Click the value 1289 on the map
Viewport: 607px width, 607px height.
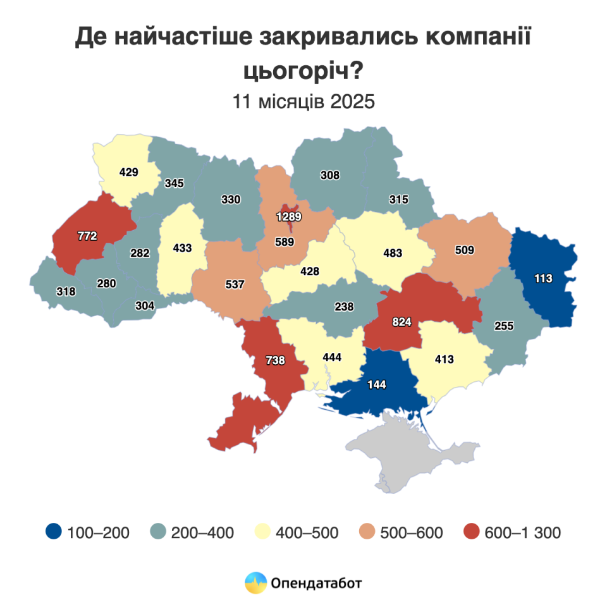pyautogui.click(x=288, y=217)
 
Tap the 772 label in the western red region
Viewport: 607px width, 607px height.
pyautogui.click(x=87, y=236)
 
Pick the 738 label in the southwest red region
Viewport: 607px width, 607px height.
pyautogui.click(x=275, y=360)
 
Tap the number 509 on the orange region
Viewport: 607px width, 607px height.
pyautogui.click(x=465, y=250)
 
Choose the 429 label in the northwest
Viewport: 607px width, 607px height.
pyautogui.click(x=128, y=171)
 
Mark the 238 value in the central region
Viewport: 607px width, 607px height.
pyautogui.click(x=344, y=306)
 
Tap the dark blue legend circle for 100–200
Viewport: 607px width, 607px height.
pyautogui.click(x=54, y=532)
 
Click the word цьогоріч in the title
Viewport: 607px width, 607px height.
pyautogui.click(x=303, y=70)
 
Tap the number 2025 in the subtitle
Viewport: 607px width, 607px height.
pyautogui.click(x=351, y=102)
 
